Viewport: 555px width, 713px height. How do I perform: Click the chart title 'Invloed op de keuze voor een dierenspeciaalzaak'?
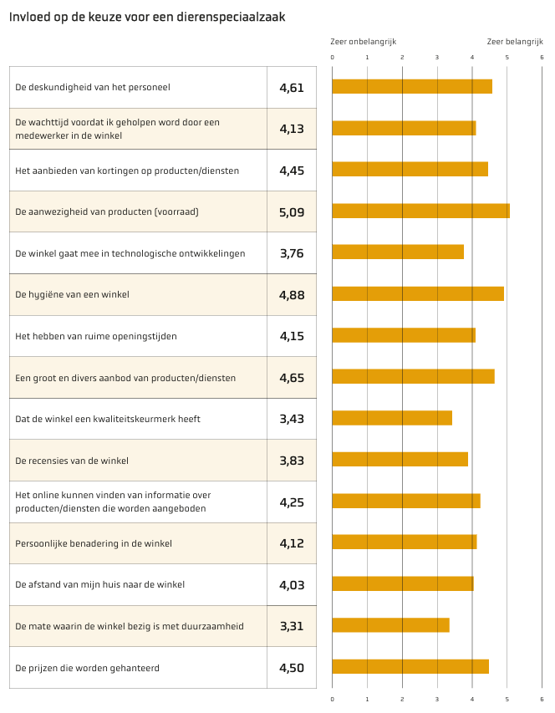pyautogui.click(x=147, y=18)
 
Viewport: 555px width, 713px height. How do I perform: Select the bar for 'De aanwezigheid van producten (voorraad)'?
pyautogui.click(x=421, y=211)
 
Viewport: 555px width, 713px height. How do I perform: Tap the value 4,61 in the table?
pyautogui.click(x=292, y=88)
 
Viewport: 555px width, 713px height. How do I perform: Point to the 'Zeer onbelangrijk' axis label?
pyautogui.click(x=364, y=42)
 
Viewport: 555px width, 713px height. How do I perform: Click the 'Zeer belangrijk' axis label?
pyautogui.click(x=515, y=42)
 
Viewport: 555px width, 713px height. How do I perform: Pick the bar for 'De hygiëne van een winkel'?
pyautogui.click(x=418, y=293)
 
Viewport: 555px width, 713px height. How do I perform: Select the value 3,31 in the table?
pyautogui.click(x=292, y=626)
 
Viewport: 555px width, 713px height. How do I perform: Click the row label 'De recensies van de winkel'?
pyautogui.click(x=72, y=461)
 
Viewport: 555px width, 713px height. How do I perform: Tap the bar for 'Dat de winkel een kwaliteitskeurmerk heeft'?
pyautogui.click(x=392, y=418)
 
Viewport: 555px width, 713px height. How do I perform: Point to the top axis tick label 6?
pyautogui.click(x=542, y=58)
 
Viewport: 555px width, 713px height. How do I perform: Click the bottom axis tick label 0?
pyautogui.click(x=333, y=700)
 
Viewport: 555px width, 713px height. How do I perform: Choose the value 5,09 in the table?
pyautogui.click(x=292, y=212)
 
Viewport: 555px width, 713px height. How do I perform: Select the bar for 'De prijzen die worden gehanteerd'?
pyautogui.click(x=410, y=666)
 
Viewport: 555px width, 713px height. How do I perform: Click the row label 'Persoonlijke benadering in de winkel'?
pyautogui.click(x=94, y=543)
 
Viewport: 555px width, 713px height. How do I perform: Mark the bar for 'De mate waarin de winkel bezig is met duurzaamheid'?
pyautogui.click(x=391, y=624)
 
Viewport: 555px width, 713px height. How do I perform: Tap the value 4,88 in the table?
pyautogui.click(x=292, y=295)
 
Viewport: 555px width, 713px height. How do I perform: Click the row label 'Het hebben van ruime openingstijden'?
pyautogui.click(x=96, y=337)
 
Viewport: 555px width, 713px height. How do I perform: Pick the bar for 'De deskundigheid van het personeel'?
pyautogui.click(x=412, y=86)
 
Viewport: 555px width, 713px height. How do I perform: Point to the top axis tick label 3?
pyautogui.click(x=437, y=58)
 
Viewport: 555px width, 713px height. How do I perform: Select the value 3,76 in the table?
pyautogui.click(x=292, y=253)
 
